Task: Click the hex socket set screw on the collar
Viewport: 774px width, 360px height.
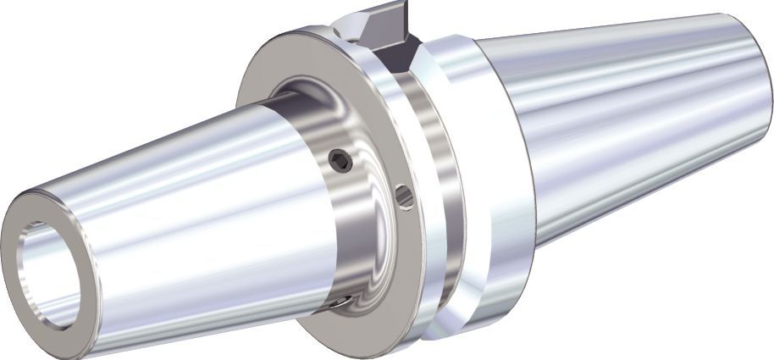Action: (340, 160)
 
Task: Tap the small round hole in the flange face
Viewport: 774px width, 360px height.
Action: (405, 197)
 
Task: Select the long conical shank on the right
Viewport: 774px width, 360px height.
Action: (627, 127)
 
